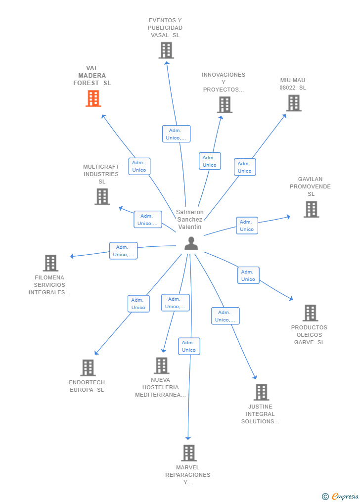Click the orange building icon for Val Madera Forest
pyautogui.click(x=93, y=98)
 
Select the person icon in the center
pyautogui.click(x=191, y=243)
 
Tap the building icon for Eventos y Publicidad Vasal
pyautogui.click(x=166, y=50)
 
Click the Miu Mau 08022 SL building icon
pyautogui.click(x=294, y=103)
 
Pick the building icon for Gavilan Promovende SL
pyautogui.click(x=312, y=209)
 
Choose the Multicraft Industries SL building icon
pyautogui.click(x=102, y=196)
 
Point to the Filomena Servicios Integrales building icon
pyautogui.click(x=50, y=263)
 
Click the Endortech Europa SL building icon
pyautogui.click(x=88, y=367)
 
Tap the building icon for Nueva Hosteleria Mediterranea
pyautogui.click(x=162, y=365)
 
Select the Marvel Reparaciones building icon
pyautogui.click(x=189, y=453)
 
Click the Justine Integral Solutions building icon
pyautogui.click(x=262, y=392)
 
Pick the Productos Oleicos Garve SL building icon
pyautogui.click(x=311, y=313)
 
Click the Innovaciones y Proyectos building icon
pyautogui.click(x=225, y=105)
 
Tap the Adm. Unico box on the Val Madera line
pyautogui.click(x=139, y=166)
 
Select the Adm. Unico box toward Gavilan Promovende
pyautogui.click(x=247, y=226)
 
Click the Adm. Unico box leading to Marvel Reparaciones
pyautogui.click(x=189, y=346)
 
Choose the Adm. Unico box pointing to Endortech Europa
pyautogui.click(x=138, y=304)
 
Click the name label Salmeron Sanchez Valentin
pyautogui.click(x=190, y=219)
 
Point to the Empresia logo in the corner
pyautogui.click(x=340, y=496)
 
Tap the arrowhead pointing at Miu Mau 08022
pyautogui.click(x=284, y=116)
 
